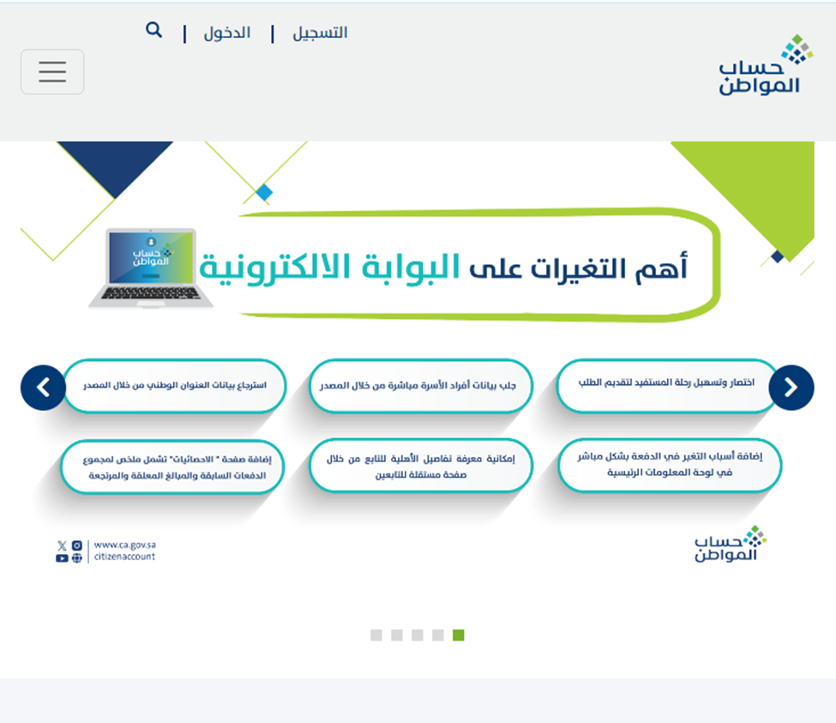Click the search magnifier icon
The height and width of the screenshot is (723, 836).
point(153,30)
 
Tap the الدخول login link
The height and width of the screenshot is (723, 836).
point(227,33)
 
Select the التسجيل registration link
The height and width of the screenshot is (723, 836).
point(320,33)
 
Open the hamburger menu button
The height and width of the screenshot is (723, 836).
point(52,72)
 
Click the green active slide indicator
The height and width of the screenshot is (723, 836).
point(459,635)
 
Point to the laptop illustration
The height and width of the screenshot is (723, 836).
point(151,268)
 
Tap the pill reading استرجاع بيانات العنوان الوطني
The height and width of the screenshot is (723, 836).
point(175,385)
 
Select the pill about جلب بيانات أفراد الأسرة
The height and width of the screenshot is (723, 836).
point(421,385)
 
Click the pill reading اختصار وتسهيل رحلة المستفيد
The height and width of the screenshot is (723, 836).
point(667,385)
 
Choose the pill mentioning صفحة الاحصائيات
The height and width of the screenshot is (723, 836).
point(172,467)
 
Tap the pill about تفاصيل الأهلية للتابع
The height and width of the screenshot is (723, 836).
point(421,466)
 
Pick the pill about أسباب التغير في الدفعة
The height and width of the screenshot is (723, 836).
point(670,465)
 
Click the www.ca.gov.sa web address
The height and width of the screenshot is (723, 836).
point(125,545)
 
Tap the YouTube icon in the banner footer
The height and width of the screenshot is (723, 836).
point(62,558)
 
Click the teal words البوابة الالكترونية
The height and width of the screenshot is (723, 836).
point(329,267)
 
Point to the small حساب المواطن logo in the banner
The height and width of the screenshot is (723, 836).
point(731,544)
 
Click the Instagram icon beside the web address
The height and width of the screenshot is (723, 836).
point(77,545)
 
